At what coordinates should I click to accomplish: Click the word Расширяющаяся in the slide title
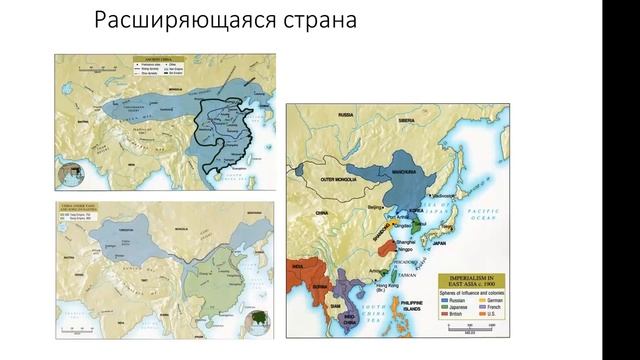coord(161,22)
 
